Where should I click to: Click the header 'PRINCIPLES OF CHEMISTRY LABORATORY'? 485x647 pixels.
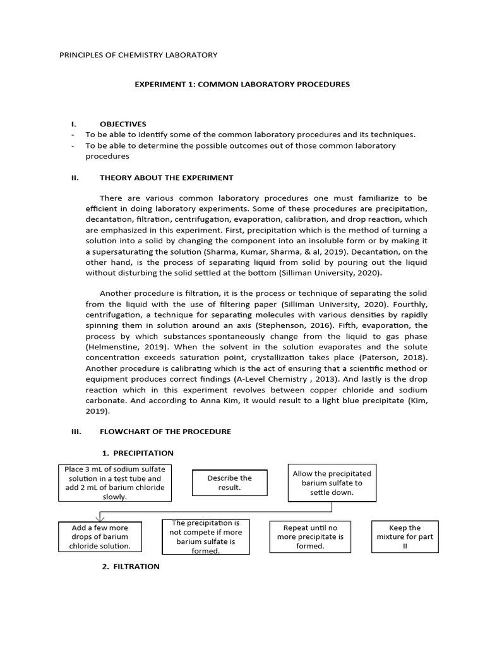[138, 55]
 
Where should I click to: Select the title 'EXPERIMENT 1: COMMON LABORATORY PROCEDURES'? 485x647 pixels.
[242, 84]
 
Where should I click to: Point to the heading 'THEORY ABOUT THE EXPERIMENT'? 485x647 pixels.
[166, 178]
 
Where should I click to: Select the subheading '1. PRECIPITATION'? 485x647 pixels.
[138, 453]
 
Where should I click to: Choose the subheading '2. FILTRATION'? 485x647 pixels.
[131, 567]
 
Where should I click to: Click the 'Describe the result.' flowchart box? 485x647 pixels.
[229, 483]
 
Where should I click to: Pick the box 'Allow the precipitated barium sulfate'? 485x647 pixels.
[332, 483]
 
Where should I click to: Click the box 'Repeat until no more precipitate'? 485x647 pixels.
[310, 536]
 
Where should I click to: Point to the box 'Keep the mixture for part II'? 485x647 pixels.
[405, 536]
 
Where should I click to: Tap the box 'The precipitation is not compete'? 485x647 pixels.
[206, 537]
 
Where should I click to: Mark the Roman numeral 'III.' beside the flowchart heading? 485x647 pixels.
[76, 431]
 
